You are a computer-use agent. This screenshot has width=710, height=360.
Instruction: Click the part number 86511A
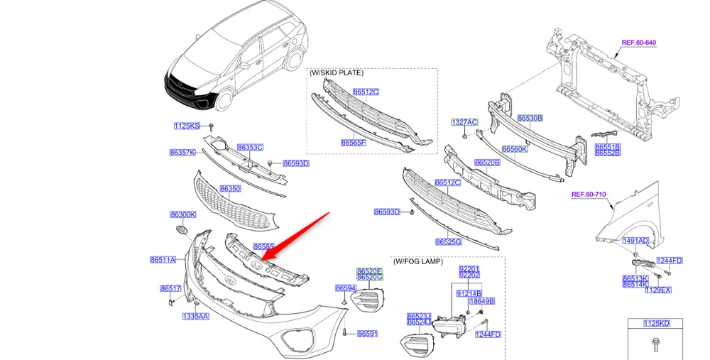pyautogui.click(x=163, y=260)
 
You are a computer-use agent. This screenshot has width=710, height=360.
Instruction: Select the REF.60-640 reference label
pyautogui.click(x=638, y=43)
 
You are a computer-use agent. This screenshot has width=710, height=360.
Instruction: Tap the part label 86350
pyautogui.click(x=231, y=189)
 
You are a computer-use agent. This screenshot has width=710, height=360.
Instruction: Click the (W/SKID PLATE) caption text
pyautogui.click(x=337, y=72)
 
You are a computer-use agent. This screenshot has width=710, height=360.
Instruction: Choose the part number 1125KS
pyautogui.click(x=187, y=126)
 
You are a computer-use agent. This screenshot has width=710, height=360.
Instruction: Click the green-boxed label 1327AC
pyautogui.click(x=464, y=122)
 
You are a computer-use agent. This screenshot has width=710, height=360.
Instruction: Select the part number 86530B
pyautogui.click(x=530, y=118)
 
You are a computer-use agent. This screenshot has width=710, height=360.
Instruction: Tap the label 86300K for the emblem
pyautogui.click(x=183, y=214)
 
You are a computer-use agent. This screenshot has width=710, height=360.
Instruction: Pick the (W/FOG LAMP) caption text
pyautogui.click(x=418, y=261)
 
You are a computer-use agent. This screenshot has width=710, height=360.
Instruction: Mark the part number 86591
pyautogui.click(x=367, y=334)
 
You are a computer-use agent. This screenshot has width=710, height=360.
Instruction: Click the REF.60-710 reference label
pyautogui.click(x=589, y=195)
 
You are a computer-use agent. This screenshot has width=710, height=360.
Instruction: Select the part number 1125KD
pyautogui.click(x=657, y=323)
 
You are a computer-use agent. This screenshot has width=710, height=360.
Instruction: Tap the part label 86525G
pyautogui.click(x=448, y=242)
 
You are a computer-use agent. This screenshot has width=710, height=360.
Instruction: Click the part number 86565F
pyautogui.click(x=353, y=143)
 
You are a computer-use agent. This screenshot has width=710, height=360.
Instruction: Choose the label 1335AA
pyautogui.click(x=196, y=316)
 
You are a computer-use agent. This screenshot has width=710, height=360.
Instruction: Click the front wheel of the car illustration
pyautogui.click(x=223, y=99)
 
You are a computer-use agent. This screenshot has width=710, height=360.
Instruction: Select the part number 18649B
pyautogui.click(x=482, y=301)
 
